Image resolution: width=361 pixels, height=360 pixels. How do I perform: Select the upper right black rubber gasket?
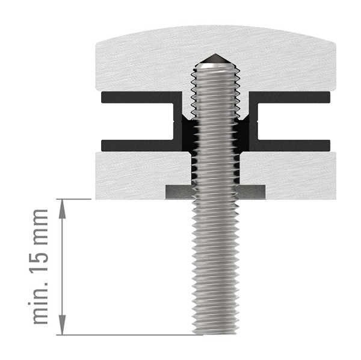click(x=292, y=96)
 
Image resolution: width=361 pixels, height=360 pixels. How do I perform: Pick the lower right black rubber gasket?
click(x=292, y=145)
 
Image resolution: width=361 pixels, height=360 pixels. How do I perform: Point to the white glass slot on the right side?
click(x=295, y=120)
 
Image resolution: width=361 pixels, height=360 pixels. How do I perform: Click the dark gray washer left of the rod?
click(x=179, y=191)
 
